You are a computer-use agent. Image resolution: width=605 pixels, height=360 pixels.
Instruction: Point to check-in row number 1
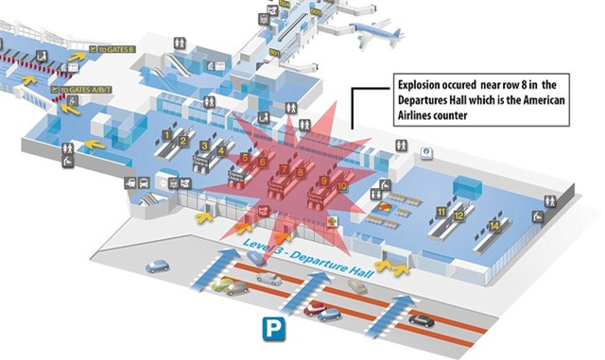point(167,135)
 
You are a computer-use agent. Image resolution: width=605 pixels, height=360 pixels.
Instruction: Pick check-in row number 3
point(204,145)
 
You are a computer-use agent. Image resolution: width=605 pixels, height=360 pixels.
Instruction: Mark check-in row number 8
point(301,173)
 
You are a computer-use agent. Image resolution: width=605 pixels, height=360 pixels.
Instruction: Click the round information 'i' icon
point(426,150)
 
